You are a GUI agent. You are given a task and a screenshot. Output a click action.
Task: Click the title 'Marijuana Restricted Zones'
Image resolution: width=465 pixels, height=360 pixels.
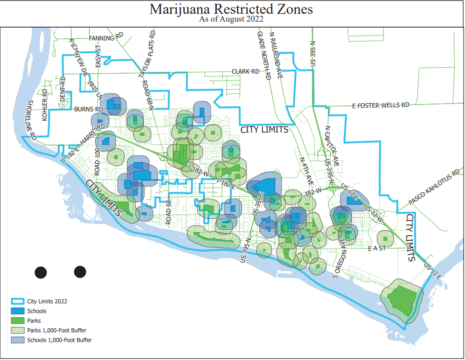click(232, 9)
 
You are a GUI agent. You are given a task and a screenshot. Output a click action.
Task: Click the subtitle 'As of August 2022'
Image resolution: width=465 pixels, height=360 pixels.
click(232, 19)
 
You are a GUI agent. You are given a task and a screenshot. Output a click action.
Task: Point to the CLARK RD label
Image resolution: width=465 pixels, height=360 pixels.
click(245, 72)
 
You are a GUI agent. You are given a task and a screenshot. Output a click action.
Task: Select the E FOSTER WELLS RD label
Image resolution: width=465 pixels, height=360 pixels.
click(380, 105)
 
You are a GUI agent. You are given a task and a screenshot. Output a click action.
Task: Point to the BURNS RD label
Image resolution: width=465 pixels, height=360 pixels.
click(89, 110)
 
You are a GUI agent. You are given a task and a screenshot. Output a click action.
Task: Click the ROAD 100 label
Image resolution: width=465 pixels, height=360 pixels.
click(97, 161)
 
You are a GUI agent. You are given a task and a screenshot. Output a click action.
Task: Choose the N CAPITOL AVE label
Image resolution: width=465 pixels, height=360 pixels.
click(332, 146)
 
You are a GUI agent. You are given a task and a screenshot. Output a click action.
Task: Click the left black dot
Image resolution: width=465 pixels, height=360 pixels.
click(41, 272)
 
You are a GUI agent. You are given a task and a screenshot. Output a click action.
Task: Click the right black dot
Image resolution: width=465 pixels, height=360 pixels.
click(80, 272)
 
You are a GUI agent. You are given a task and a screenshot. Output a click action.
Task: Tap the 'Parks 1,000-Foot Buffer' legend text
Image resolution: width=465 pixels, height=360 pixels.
click(57, 331)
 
